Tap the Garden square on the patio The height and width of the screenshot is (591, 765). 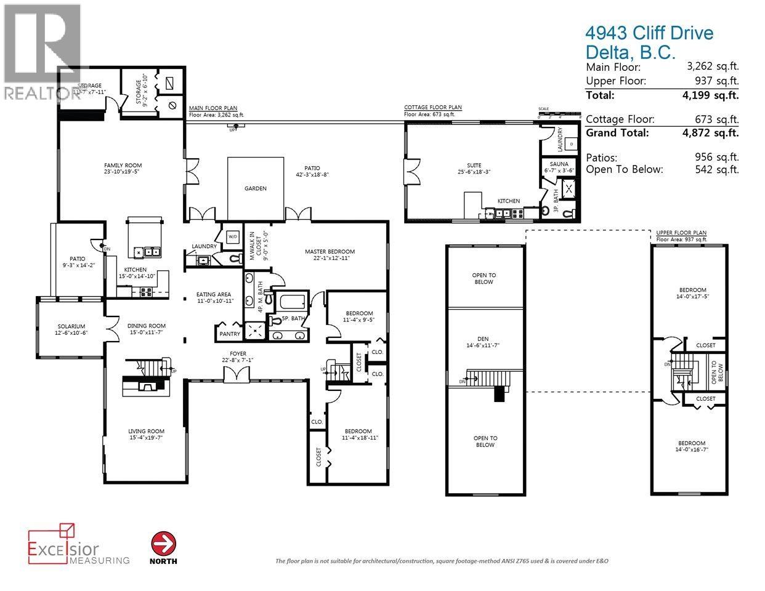pos(255,188)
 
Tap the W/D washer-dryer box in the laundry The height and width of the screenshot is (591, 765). pos(233,236)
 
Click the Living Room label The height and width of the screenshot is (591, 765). pos(146,434)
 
